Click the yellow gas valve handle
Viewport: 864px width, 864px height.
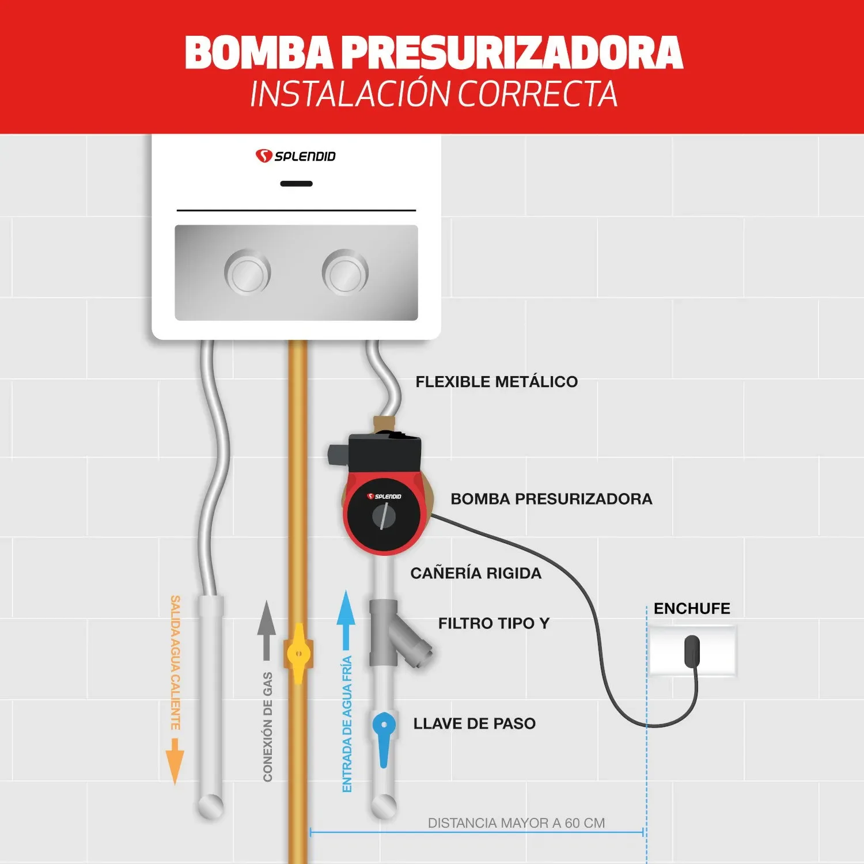(298, 654)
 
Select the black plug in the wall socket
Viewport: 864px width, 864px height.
(691, 650)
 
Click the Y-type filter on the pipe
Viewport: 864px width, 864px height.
(397, 634)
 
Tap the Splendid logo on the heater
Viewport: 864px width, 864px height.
(295, 156)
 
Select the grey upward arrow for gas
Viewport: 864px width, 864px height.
(266, 628)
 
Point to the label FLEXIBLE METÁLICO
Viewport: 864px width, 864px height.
(497, 382)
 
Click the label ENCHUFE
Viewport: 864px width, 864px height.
(691, 609)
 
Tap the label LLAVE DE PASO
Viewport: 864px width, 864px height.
(474, 723)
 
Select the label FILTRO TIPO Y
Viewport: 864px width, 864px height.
(494, 623)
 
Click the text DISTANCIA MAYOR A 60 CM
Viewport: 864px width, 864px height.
(516, 823)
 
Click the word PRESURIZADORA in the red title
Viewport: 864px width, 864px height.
(513, 53)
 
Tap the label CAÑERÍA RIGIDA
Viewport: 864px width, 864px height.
(476, 573)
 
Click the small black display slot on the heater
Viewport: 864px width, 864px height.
(296, 184)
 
